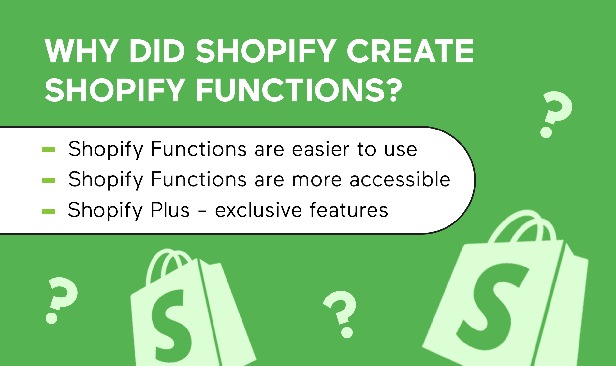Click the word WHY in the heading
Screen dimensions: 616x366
click(x=81, y=51)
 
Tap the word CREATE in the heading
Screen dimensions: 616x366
click(x=410, y=51)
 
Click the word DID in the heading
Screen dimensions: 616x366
click(x=157, y=51)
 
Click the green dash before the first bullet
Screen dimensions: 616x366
click(x=49, y=150)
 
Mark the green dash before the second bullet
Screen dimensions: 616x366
click(x=49, y=180)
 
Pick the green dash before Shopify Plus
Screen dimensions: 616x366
click(x=49, y=211)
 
